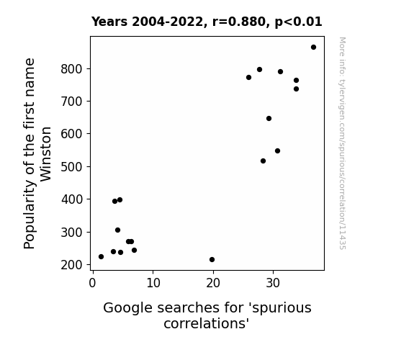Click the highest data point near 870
pyautogui.click(x=313, y=48)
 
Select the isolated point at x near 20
pyautogui.click(x=212, y=260)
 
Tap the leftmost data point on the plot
pyautogui.click(x=101, y=257)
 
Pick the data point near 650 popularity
pyautogui.click(x=269, y=119)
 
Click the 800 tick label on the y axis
pyautogui.click(x=71, y=69)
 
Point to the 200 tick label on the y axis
pyautogui.click(x=71, y=265)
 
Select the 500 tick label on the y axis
pyautogui.click(x=71, y=167)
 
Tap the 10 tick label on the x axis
pyautogui.click(x=153, y=284)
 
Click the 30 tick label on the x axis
pyautogui.click(x=273, y=284)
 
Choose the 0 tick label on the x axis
pyautogui.click(x=92, y=284)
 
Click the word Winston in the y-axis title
pyautogui.click(x=45, y=154)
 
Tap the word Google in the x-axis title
pyautogui.click(x=127, y=308)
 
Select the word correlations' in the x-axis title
pyautogui.click(x=207, y=323)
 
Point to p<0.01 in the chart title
pyautogui.click(x=298, y=22)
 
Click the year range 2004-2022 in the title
pyautogui.click(x=168, y=22)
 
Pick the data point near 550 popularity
pyautogui.click(x=277, y=150)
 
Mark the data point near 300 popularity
pyautogui.click(x=118, y=230)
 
